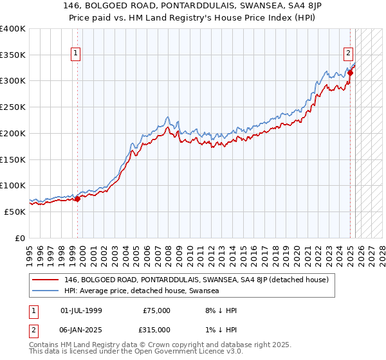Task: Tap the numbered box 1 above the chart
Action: coord(77,53)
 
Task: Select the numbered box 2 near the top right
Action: coord(348,53)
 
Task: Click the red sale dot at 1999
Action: coord(78,199)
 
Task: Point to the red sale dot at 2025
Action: coord(350,73)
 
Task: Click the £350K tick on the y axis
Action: coord(13,55)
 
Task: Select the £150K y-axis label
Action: coord(13,159)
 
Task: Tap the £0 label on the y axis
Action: coord(20,238)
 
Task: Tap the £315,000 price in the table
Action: coord(157,329)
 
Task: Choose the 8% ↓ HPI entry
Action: coord(221,310)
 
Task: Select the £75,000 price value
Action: coord(157,310)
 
